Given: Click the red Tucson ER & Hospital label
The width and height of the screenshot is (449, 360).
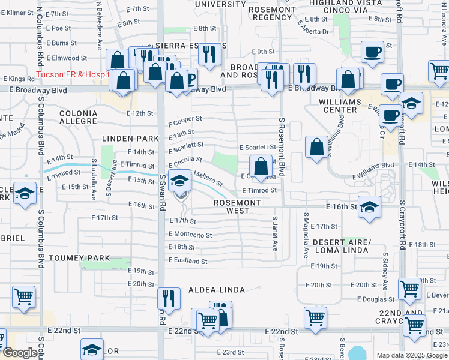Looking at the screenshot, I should click(x=72, y=75).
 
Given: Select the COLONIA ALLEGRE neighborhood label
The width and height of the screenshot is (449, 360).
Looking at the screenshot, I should click(x=79, y=117).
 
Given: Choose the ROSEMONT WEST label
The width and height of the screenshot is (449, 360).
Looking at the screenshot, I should click(x=238, y=206).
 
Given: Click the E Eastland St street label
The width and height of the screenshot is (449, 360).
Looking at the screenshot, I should click(x=188, y=261).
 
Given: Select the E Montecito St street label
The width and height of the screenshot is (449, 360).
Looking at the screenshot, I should click(x=190, y=235).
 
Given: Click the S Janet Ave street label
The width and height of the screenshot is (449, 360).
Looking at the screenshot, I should click(x=275, y=234).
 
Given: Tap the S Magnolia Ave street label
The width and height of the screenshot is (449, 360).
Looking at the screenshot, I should click(x=306, y=235).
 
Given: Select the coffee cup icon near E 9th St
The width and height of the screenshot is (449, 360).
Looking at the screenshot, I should click(x=373, y=52).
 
